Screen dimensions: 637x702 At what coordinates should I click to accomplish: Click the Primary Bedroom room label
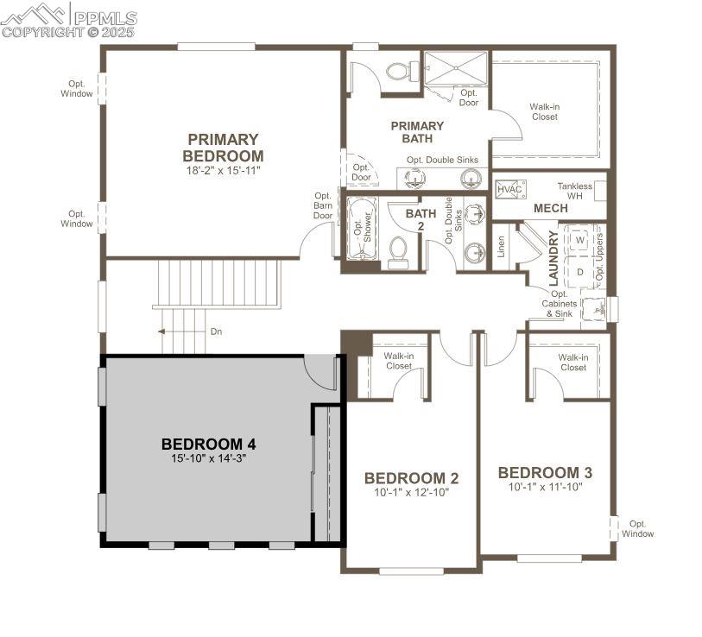click(x=223, y=148)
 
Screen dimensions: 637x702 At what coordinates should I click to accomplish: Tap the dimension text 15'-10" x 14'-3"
click(x=208, y=459)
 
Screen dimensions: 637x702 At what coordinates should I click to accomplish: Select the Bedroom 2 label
click(x=411, y=478)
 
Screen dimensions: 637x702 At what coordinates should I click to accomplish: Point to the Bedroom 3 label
click(x=545, y=473)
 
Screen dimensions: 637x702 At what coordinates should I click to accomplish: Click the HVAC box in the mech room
click(x=510, y=189)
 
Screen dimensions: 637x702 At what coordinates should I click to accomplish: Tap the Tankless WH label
click(x=574, y=191)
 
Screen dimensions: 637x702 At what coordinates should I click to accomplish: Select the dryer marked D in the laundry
click(x=580, y=272)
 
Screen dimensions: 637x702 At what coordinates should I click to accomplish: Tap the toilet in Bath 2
click(x=398, y=251)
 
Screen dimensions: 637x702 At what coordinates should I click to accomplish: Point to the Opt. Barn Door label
click(x=323, y=205)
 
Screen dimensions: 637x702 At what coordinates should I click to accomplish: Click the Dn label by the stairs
click(x=217, y=331)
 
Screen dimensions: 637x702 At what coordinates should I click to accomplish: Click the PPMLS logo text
click(x=104, y=17)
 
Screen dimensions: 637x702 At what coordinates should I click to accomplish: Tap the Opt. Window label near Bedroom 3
click(x=638, y=528)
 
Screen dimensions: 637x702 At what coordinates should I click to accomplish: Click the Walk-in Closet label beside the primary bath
click(x=544, y=112)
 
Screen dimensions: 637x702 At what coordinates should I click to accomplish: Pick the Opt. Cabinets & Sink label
click(x=558, y=303)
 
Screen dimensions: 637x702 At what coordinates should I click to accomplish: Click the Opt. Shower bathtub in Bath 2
click(x=362, y=229)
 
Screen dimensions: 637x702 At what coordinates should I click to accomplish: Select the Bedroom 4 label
click(x=208, y=445)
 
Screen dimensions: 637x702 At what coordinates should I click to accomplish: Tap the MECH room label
click(x=550, y=209)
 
